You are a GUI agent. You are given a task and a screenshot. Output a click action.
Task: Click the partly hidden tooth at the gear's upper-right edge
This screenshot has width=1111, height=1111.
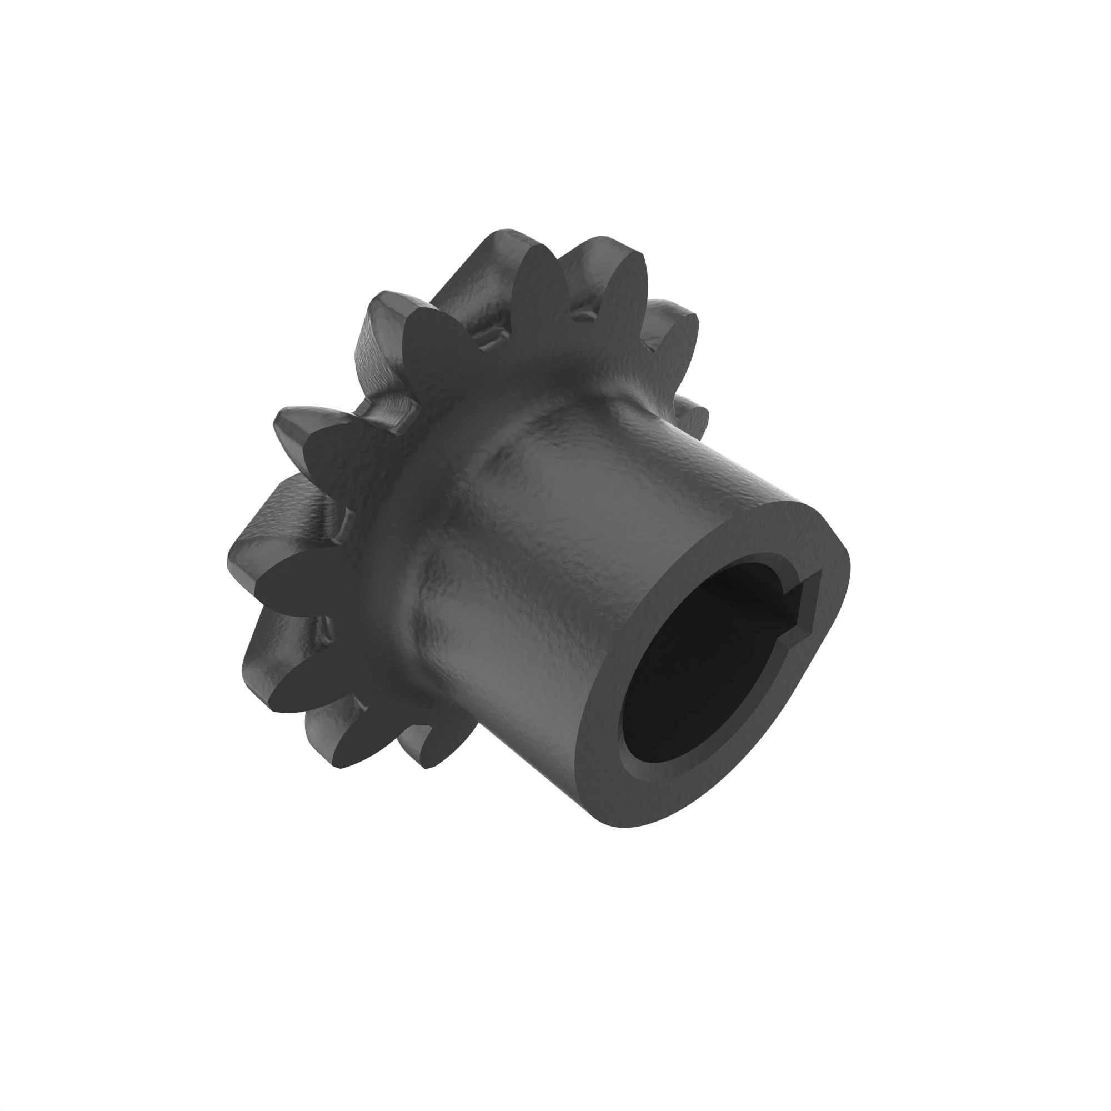click(x=673, y=322)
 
